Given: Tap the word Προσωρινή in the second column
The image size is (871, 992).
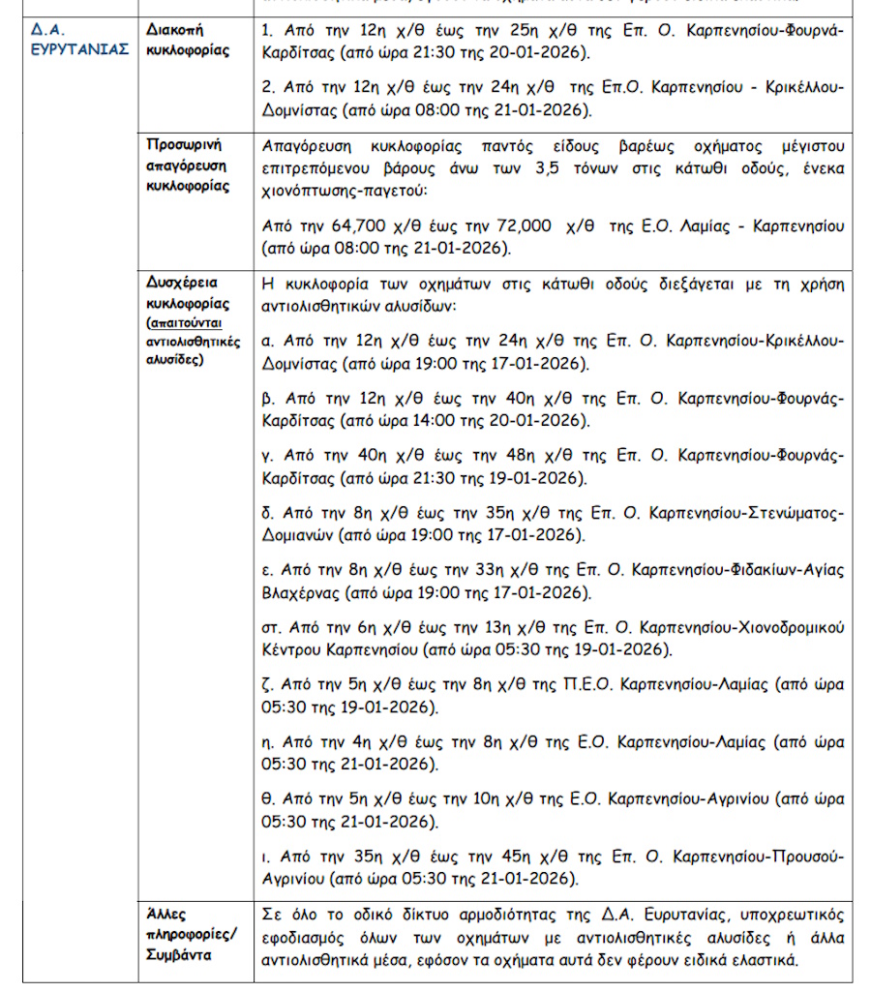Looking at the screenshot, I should [x=184, y=146].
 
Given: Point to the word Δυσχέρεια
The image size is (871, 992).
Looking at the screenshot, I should [x=182, y=284].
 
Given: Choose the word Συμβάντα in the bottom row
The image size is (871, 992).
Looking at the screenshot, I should [x=177, y=954].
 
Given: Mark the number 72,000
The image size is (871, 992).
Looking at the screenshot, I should [x=523, y=225].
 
